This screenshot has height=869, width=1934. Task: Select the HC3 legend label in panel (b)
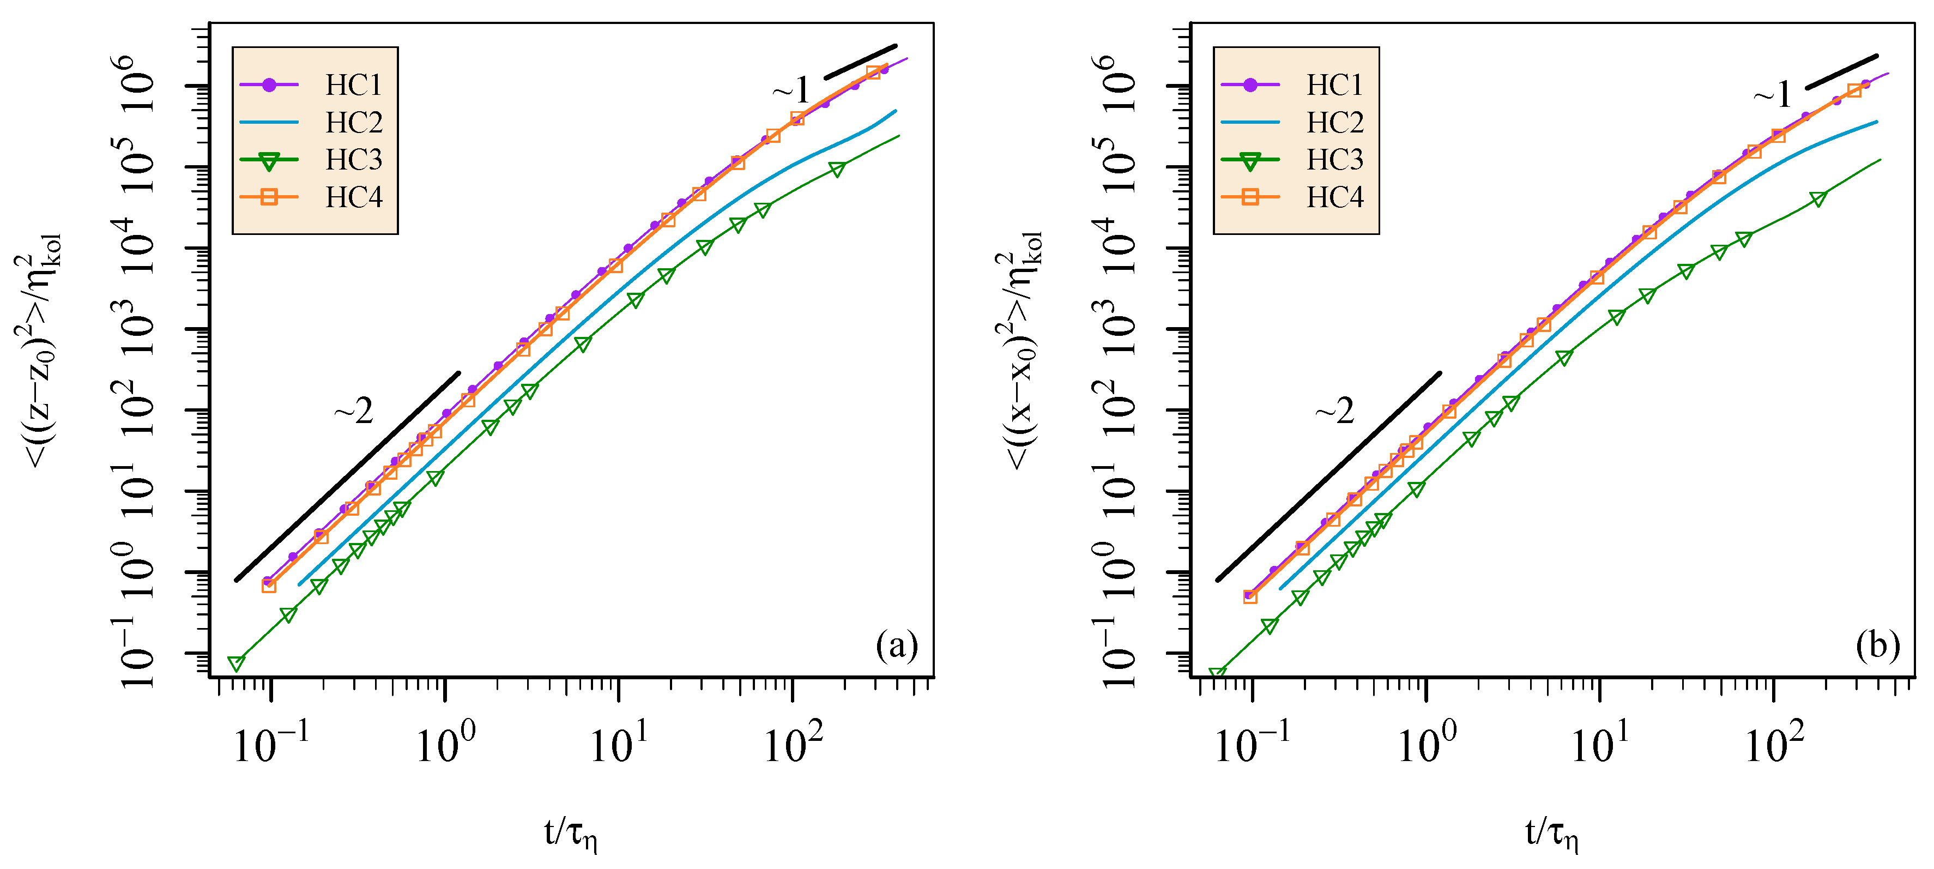[1335, 160]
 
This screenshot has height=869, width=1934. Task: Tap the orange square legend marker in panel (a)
[269, 197]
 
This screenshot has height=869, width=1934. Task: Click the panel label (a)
[897, 646]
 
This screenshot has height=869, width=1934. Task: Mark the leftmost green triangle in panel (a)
[237, 663]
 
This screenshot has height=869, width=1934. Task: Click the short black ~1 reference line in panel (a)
[860, 62]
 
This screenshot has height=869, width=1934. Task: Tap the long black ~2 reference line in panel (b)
[1329, 475]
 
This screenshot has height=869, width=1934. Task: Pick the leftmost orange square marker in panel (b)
[1250, 596]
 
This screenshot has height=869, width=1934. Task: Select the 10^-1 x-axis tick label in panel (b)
[1252, 744]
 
